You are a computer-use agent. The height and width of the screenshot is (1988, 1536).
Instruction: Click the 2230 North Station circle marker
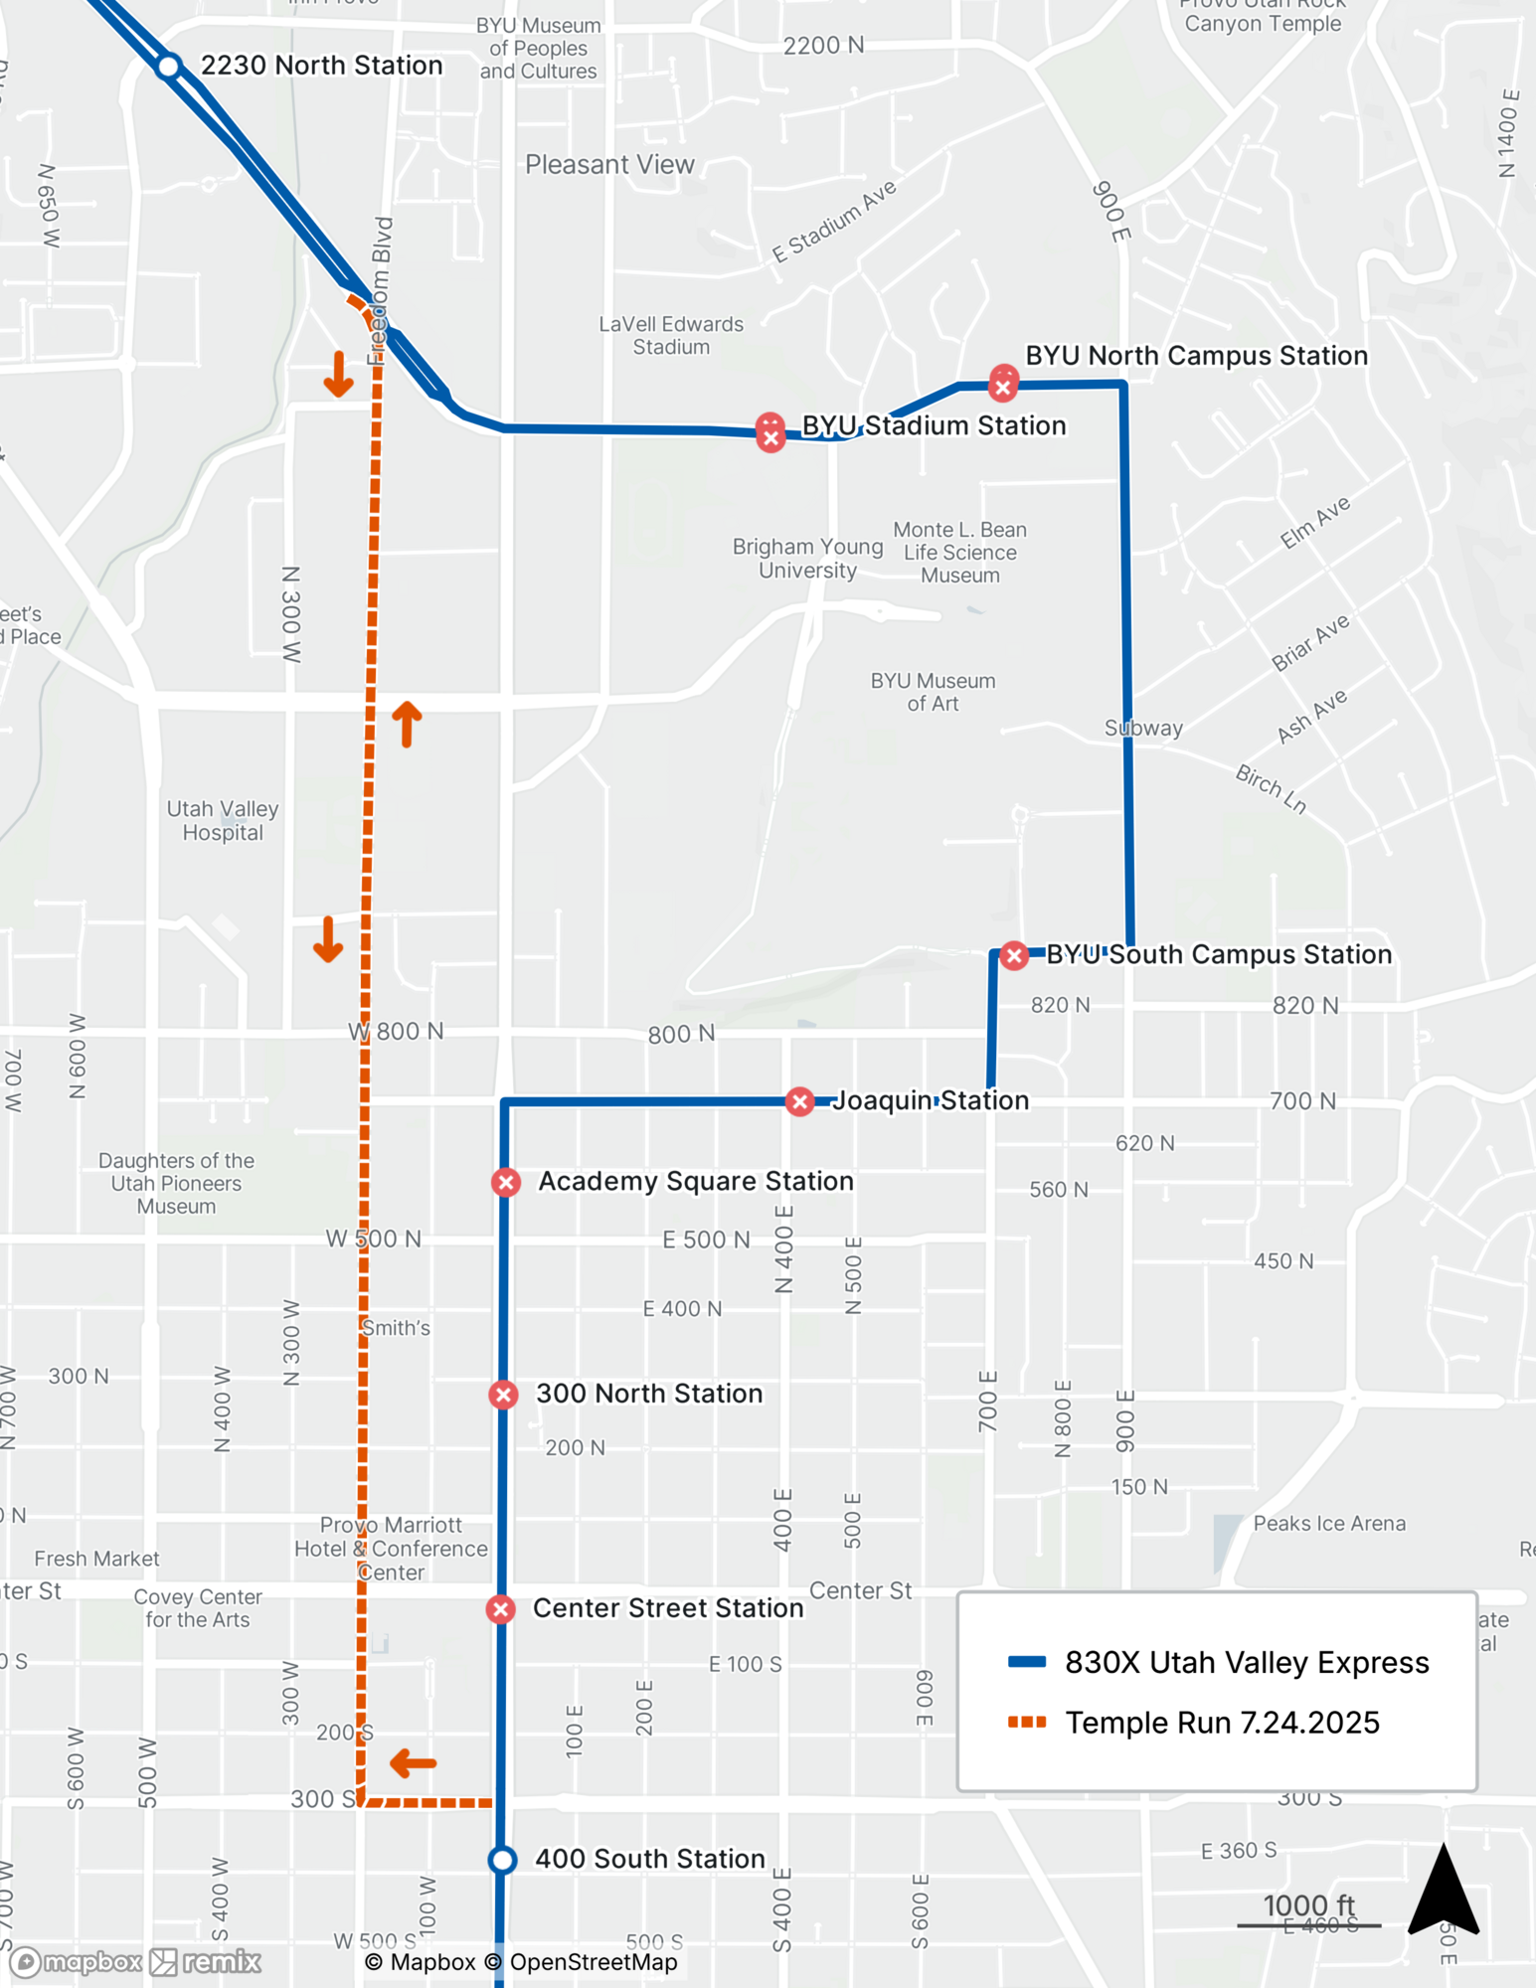tap(169, 67)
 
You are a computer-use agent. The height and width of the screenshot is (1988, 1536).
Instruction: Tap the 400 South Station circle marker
tap(503, 1860)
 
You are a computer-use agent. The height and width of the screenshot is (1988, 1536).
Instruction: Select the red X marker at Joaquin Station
tap(799, 1101)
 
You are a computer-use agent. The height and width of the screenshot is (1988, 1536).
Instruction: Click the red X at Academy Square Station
tap(506, 1182)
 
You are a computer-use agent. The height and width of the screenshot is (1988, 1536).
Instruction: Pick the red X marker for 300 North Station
tap(504, 1395)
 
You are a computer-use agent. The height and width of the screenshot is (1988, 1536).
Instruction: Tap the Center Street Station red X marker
tap(501, 1609)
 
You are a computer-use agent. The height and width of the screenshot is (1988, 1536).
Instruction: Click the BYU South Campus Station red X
tap(1014, 956)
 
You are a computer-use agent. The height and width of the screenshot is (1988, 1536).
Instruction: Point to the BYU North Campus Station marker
tap(1003, 384)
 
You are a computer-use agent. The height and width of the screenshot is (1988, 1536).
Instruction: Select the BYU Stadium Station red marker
tap(770, 433)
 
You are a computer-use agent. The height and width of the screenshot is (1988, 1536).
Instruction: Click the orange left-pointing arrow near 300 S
tap(413, 1764)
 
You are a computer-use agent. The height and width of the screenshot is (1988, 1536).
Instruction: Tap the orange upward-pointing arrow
tap(407, 724)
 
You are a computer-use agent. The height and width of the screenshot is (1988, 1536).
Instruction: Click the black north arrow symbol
tap(1444, 1892)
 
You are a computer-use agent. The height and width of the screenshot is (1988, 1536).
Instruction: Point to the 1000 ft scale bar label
tap(1308, 1905)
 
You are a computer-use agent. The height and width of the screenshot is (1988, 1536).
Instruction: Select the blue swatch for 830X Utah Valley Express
tap(1027, 1662)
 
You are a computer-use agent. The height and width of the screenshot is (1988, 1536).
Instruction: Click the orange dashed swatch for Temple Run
tap(1027, 1723)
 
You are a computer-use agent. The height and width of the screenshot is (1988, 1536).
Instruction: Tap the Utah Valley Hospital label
tap(223, 821)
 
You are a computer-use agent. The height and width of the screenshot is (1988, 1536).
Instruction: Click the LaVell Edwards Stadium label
tap(671, 335)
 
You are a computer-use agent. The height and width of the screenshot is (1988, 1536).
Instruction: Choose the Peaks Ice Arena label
tap(1329, 1524)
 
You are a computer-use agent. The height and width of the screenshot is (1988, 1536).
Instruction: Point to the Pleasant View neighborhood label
tap(609, 165)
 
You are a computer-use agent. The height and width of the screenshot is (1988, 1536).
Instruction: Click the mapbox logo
tap(78, 1961)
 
